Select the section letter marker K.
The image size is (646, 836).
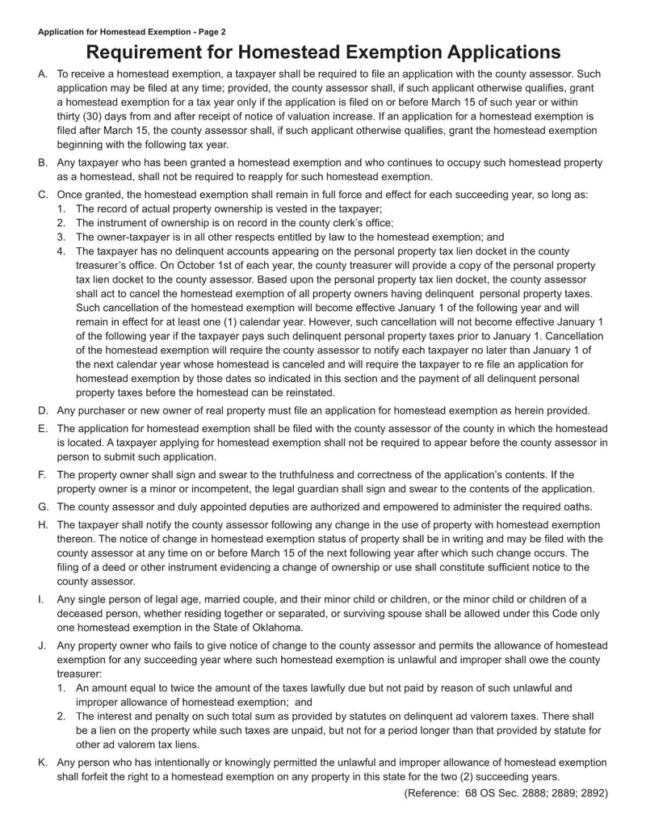tap(43, 762)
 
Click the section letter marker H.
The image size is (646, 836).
tap(43, 524)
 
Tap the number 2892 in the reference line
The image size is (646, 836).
tap(594, 792)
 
